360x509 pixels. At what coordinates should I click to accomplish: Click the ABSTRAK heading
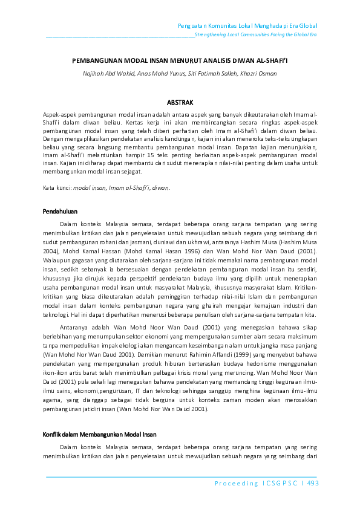(x=180, y=103)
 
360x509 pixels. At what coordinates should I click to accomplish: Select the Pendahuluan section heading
(x=60, y=211)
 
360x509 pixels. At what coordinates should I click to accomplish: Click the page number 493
(x=313, y=483)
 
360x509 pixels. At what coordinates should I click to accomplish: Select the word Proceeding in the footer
(x=236, y=483)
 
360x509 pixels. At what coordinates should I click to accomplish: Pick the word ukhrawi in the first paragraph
(x=167, y=239)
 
